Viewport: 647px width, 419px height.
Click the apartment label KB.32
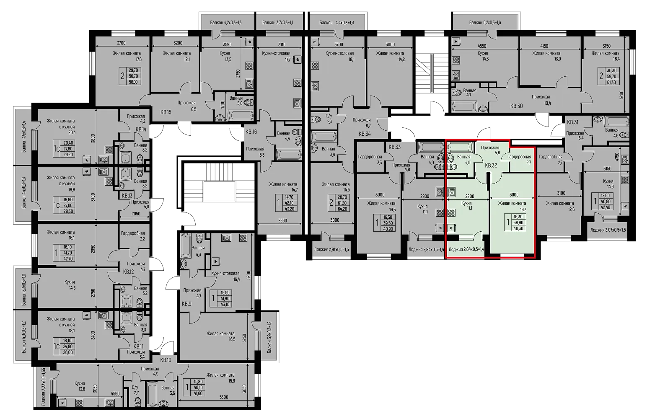pos(491,166)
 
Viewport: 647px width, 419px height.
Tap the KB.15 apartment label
pos(166,112)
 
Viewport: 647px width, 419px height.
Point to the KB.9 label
pos(186,304)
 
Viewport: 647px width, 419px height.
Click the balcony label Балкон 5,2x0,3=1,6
pos(485,23)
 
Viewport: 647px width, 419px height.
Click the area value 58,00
pos(135,82)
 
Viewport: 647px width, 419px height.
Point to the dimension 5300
pos(224,397)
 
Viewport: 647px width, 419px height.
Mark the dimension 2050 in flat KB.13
pos(135,214)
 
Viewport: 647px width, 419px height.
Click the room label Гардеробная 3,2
pos(133,236)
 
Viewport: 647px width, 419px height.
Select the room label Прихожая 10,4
pos(541,100)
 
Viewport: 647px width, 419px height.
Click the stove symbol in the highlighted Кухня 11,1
pos(452,214)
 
